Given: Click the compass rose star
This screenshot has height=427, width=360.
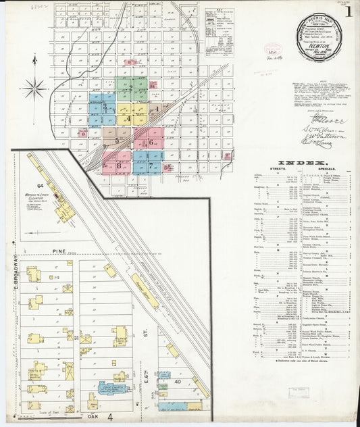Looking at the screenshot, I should (x=34, y=87).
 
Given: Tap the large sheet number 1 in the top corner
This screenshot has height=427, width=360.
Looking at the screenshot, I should (x=348, y=11).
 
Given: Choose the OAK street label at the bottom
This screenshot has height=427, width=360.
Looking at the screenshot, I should (x=93, y=417).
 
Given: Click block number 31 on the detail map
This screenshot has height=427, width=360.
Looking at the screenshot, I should (x=77, y=337).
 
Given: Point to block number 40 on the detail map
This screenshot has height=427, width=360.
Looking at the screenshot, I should (x=177, y=381).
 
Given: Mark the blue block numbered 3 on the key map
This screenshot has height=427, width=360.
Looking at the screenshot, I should (x=104, y=107).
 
